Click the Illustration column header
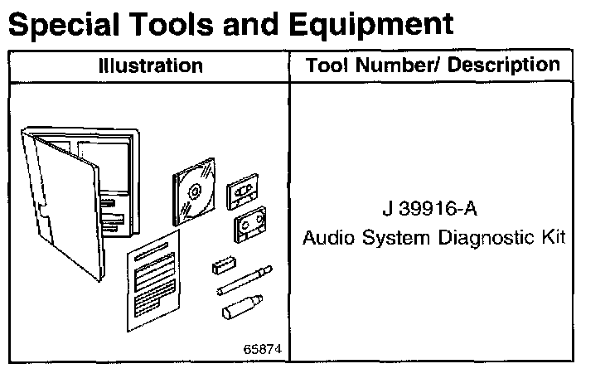click(x=149, y=65)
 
